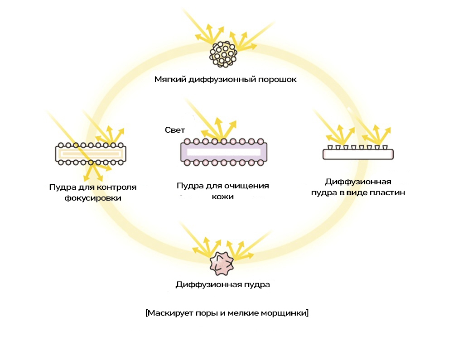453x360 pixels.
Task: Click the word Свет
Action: click(x=175, y=130)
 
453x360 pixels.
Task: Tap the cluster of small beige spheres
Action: click(x=223, y=54)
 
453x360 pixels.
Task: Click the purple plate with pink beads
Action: click(x=224, y=152)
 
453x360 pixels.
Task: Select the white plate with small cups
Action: click(x=358, y=154)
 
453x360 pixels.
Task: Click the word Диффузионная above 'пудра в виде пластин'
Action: click(x=358, y=182)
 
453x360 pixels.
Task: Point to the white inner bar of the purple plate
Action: click(x=224, y=152)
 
